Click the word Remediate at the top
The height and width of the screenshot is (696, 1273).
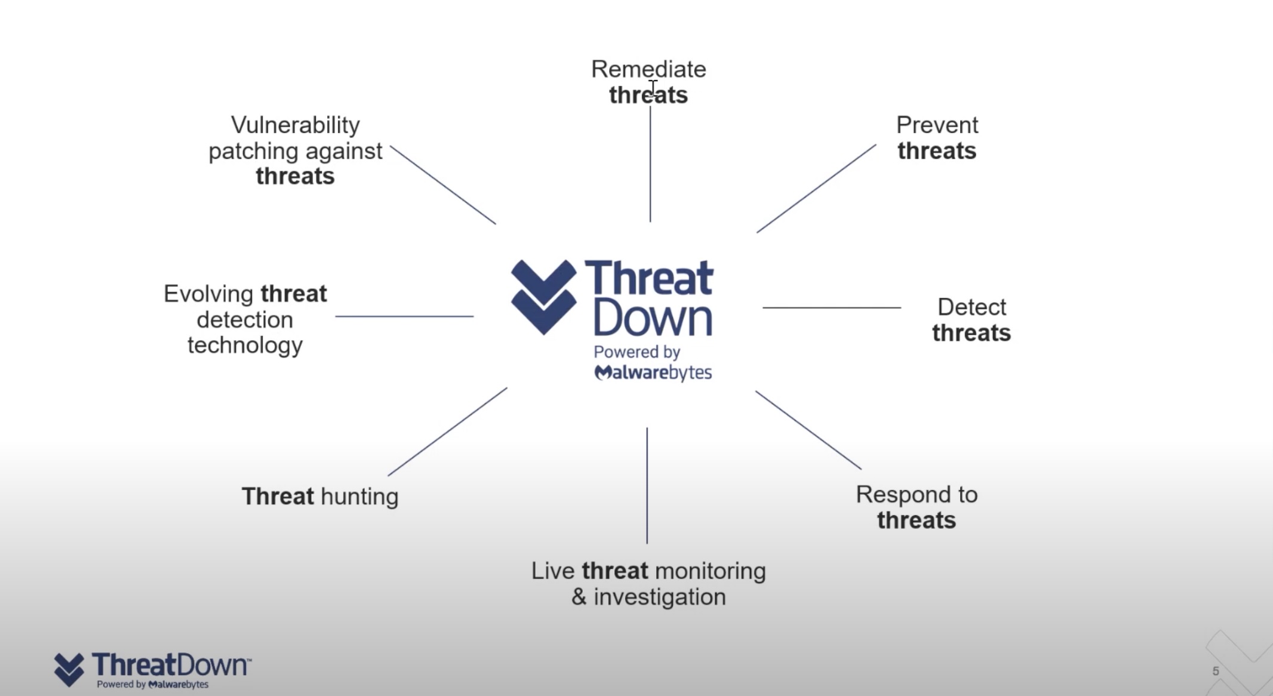pos(648,69)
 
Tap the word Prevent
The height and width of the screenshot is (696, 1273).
pos(937,125)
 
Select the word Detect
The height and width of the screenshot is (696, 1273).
pos(971,307)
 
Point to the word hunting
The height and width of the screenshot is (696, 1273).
pos(359,497)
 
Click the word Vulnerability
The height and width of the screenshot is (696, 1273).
pos(296,125)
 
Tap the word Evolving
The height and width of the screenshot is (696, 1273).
pos(208,294)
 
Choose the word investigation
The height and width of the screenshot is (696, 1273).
pos(659,597)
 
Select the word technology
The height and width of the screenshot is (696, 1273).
pos(245,346)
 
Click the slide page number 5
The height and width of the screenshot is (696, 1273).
pos(1216,671)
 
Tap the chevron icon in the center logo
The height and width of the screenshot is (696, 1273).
pos(544,297)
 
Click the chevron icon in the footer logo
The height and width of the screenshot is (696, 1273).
pos(69,669)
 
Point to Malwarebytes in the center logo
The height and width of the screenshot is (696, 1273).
pos(653,372)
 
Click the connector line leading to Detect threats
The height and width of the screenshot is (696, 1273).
pos(832,307)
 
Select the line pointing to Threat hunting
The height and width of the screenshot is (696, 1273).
pos(448,432)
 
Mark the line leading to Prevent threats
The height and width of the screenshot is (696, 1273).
pos(816,188)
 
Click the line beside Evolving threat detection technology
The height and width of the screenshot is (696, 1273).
pos(404,316)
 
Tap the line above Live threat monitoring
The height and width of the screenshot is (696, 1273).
pos(647,485)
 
